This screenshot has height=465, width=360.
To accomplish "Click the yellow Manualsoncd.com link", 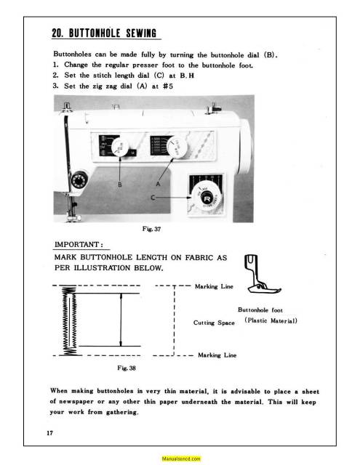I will click(180, 459).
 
